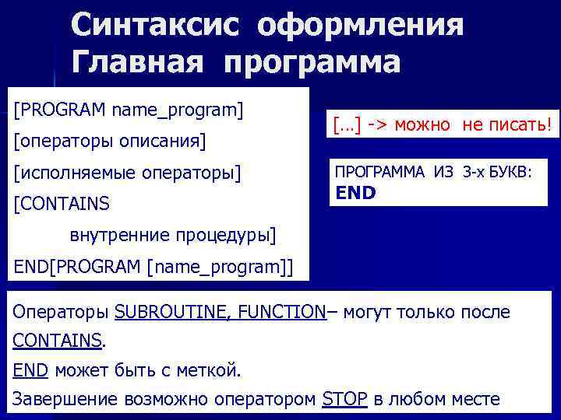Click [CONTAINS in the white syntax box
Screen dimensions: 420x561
[62, 204]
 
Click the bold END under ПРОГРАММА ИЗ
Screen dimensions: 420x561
[355, 192]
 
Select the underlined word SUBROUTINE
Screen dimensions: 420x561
[164, 313]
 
